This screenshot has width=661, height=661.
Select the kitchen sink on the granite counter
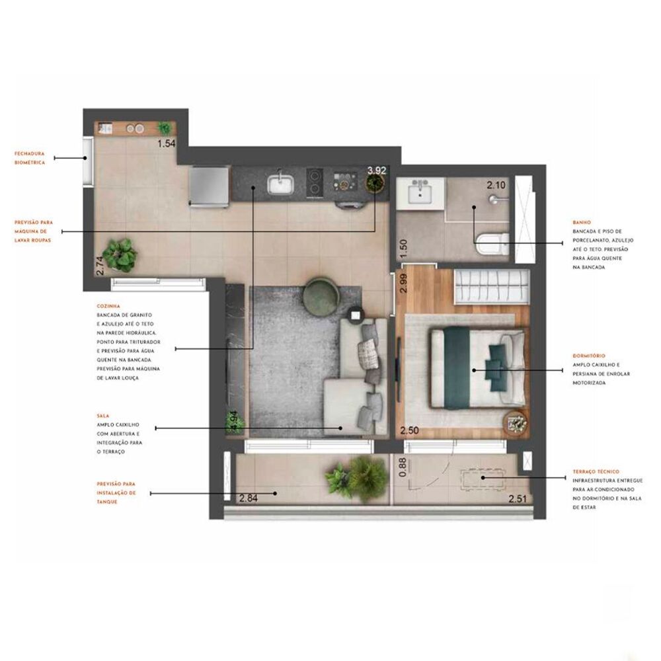click(x=281, y=182)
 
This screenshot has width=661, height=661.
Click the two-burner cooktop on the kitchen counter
click(x=315, y=181)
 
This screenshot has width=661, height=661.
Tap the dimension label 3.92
click(x=377, y=170)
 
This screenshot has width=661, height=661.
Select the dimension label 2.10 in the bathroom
click(x=496, y=185)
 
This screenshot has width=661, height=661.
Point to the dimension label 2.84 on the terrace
click(x=249, y=498)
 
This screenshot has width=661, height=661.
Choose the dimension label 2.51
click(x=518, y=499)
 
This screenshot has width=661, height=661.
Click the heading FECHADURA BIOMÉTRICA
click(x=30, y=157)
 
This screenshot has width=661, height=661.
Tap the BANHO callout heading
click(x=582, y=223)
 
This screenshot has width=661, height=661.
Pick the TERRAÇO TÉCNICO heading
click(x=596, y=472)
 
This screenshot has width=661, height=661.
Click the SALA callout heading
click(x=102, y=416)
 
